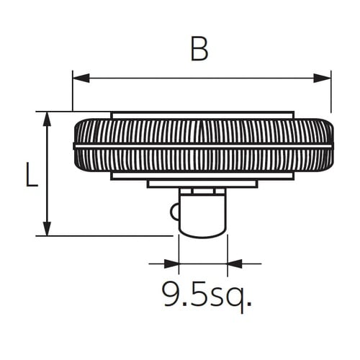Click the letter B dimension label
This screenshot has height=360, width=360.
pyautogui.click(x=200, y=50)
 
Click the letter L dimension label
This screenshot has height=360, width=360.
pyautogui.click(x=31, y=175)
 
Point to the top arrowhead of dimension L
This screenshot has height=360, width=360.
pyautogui.click(x=48, y=119)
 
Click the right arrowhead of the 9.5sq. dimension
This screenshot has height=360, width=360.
pyautogui.click(x=235, y=264)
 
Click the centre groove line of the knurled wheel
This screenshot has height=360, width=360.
pyautogui.click(x=203, y=145)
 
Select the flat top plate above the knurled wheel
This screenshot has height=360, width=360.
pyautogui.click(x=202, y=114)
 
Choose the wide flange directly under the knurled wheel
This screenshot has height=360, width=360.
pyautogui.click(x=202, y=176)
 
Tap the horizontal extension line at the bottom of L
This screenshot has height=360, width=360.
pyautogui.click(x=108, y=235)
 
